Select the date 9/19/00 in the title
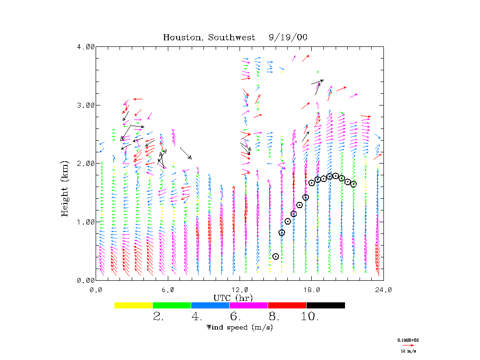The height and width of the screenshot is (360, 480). [288, 37]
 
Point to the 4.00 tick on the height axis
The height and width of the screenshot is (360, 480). [86, 46]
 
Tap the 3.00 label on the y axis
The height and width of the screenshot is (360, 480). [86, 105]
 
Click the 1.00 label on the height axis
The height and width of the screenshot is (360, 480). [86, 222]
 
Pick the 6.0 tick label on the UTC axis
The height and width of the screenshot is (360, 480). [169, 290]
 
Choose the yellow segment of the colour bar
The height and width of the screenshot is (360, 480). [134, 305]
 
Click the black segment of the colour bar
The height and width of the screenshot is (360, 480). [325, 305]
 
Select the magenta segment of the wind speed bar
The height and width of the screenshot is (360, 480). [248, 305]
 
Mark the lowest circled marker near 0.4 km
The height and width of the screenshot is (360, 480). [276, 256]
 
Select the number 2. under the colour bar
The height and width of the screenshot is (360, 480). [158, 316]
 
